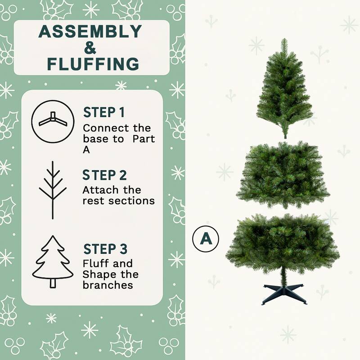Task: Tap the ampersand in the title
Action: tap(90, 48)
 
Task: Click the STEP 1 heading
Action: tap(104, 112)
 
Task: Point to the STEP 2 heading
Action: tap(105, 175)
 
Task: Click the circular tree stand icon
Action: tap(53, 121)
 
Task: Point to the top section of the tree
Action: tap(284, 94)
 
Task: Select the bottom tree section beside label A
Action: tap(283, 243)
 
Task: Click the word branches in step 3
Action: tap(108, 285)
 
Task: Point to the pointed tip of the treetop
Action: tap(284, 40)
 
